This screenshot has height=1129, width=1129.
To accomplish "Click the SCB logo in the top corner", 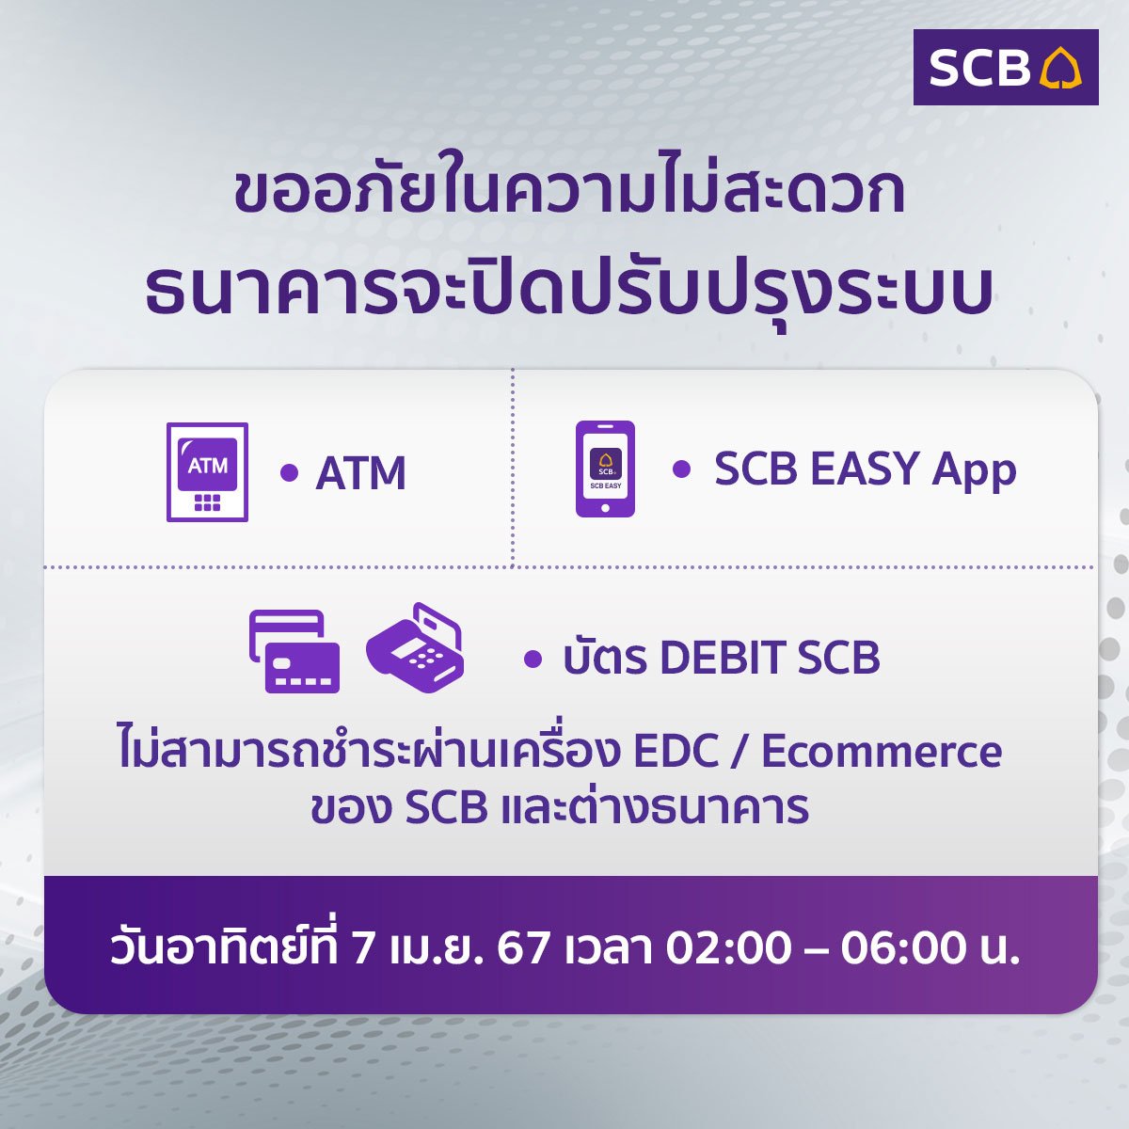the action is coord(1006,68).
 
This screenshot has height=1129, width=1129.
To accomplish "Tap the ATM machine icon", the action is coord(207,471).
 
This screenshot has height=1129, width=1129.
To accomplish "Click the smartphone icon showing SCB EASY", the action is coord(605,469).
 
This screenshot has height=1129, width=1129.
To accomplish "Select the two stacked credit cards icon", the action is coord(294,651).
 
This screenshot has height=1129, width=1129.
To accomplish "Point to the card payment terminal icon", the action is coord(415,647).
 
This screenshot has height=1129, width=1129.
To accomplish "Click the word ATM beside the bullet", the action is coord(361,473).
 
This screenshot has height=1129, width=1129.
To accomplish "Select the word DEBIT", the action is coord(723,658).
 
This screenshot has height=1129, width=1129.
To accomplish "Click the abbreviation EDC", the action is coord(676,752).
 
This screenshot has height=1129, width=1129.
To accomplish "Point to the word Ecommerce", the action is coord(882,752).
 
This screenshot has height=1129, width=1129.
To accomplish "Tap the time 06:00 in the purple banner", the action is coord(904,947).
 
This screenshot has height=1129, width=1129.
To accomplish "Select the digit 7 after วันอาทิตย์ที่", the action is coord(363,947).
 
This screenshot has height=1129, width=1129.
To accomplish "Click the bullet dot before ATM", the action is coord(290,472).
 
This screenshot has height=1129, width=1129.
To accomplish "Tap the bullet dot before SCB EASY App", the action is coord(681,469).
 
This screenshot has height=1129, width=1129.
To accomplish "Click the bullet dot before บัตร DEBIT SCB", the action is coord(533,659).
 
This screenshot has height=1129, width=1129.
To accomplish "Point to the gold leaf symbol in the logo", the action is coord(1060,68).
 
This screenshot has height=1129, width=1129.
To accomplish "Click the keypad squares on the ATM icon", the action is coord(207,502).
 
